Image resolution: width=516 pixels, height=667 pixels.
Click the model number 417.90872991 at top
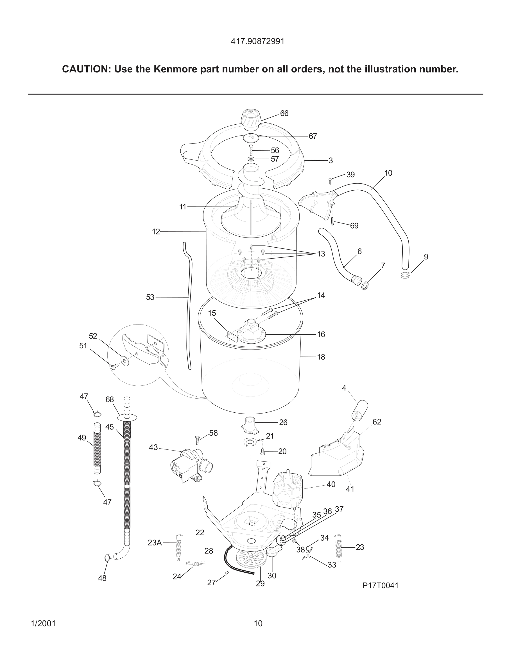click(258, 42)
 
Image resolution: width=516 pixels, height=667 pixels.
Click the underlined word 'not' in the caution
click(336, 70)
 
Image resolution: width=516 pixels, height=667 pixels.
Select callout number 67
click(313, 136)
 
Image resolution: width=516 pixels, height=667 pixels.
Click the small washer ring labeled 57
click(251, 159)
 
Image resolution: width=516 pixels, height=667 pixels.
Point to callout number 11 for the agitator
click(182, 207)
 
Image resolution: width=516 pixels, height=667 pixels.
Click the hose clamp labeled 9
click(405, 275)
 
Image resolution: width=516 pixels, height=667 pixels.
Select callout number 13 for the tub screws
click(321, 254)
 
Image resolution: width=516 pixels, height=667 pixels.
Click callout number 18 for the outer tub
click(321, 357)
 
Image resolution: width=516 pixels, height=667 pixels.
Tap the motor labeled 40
click(287, 489)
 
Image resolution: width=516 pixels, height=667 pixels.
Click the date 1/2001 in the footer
click(43, 623)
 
